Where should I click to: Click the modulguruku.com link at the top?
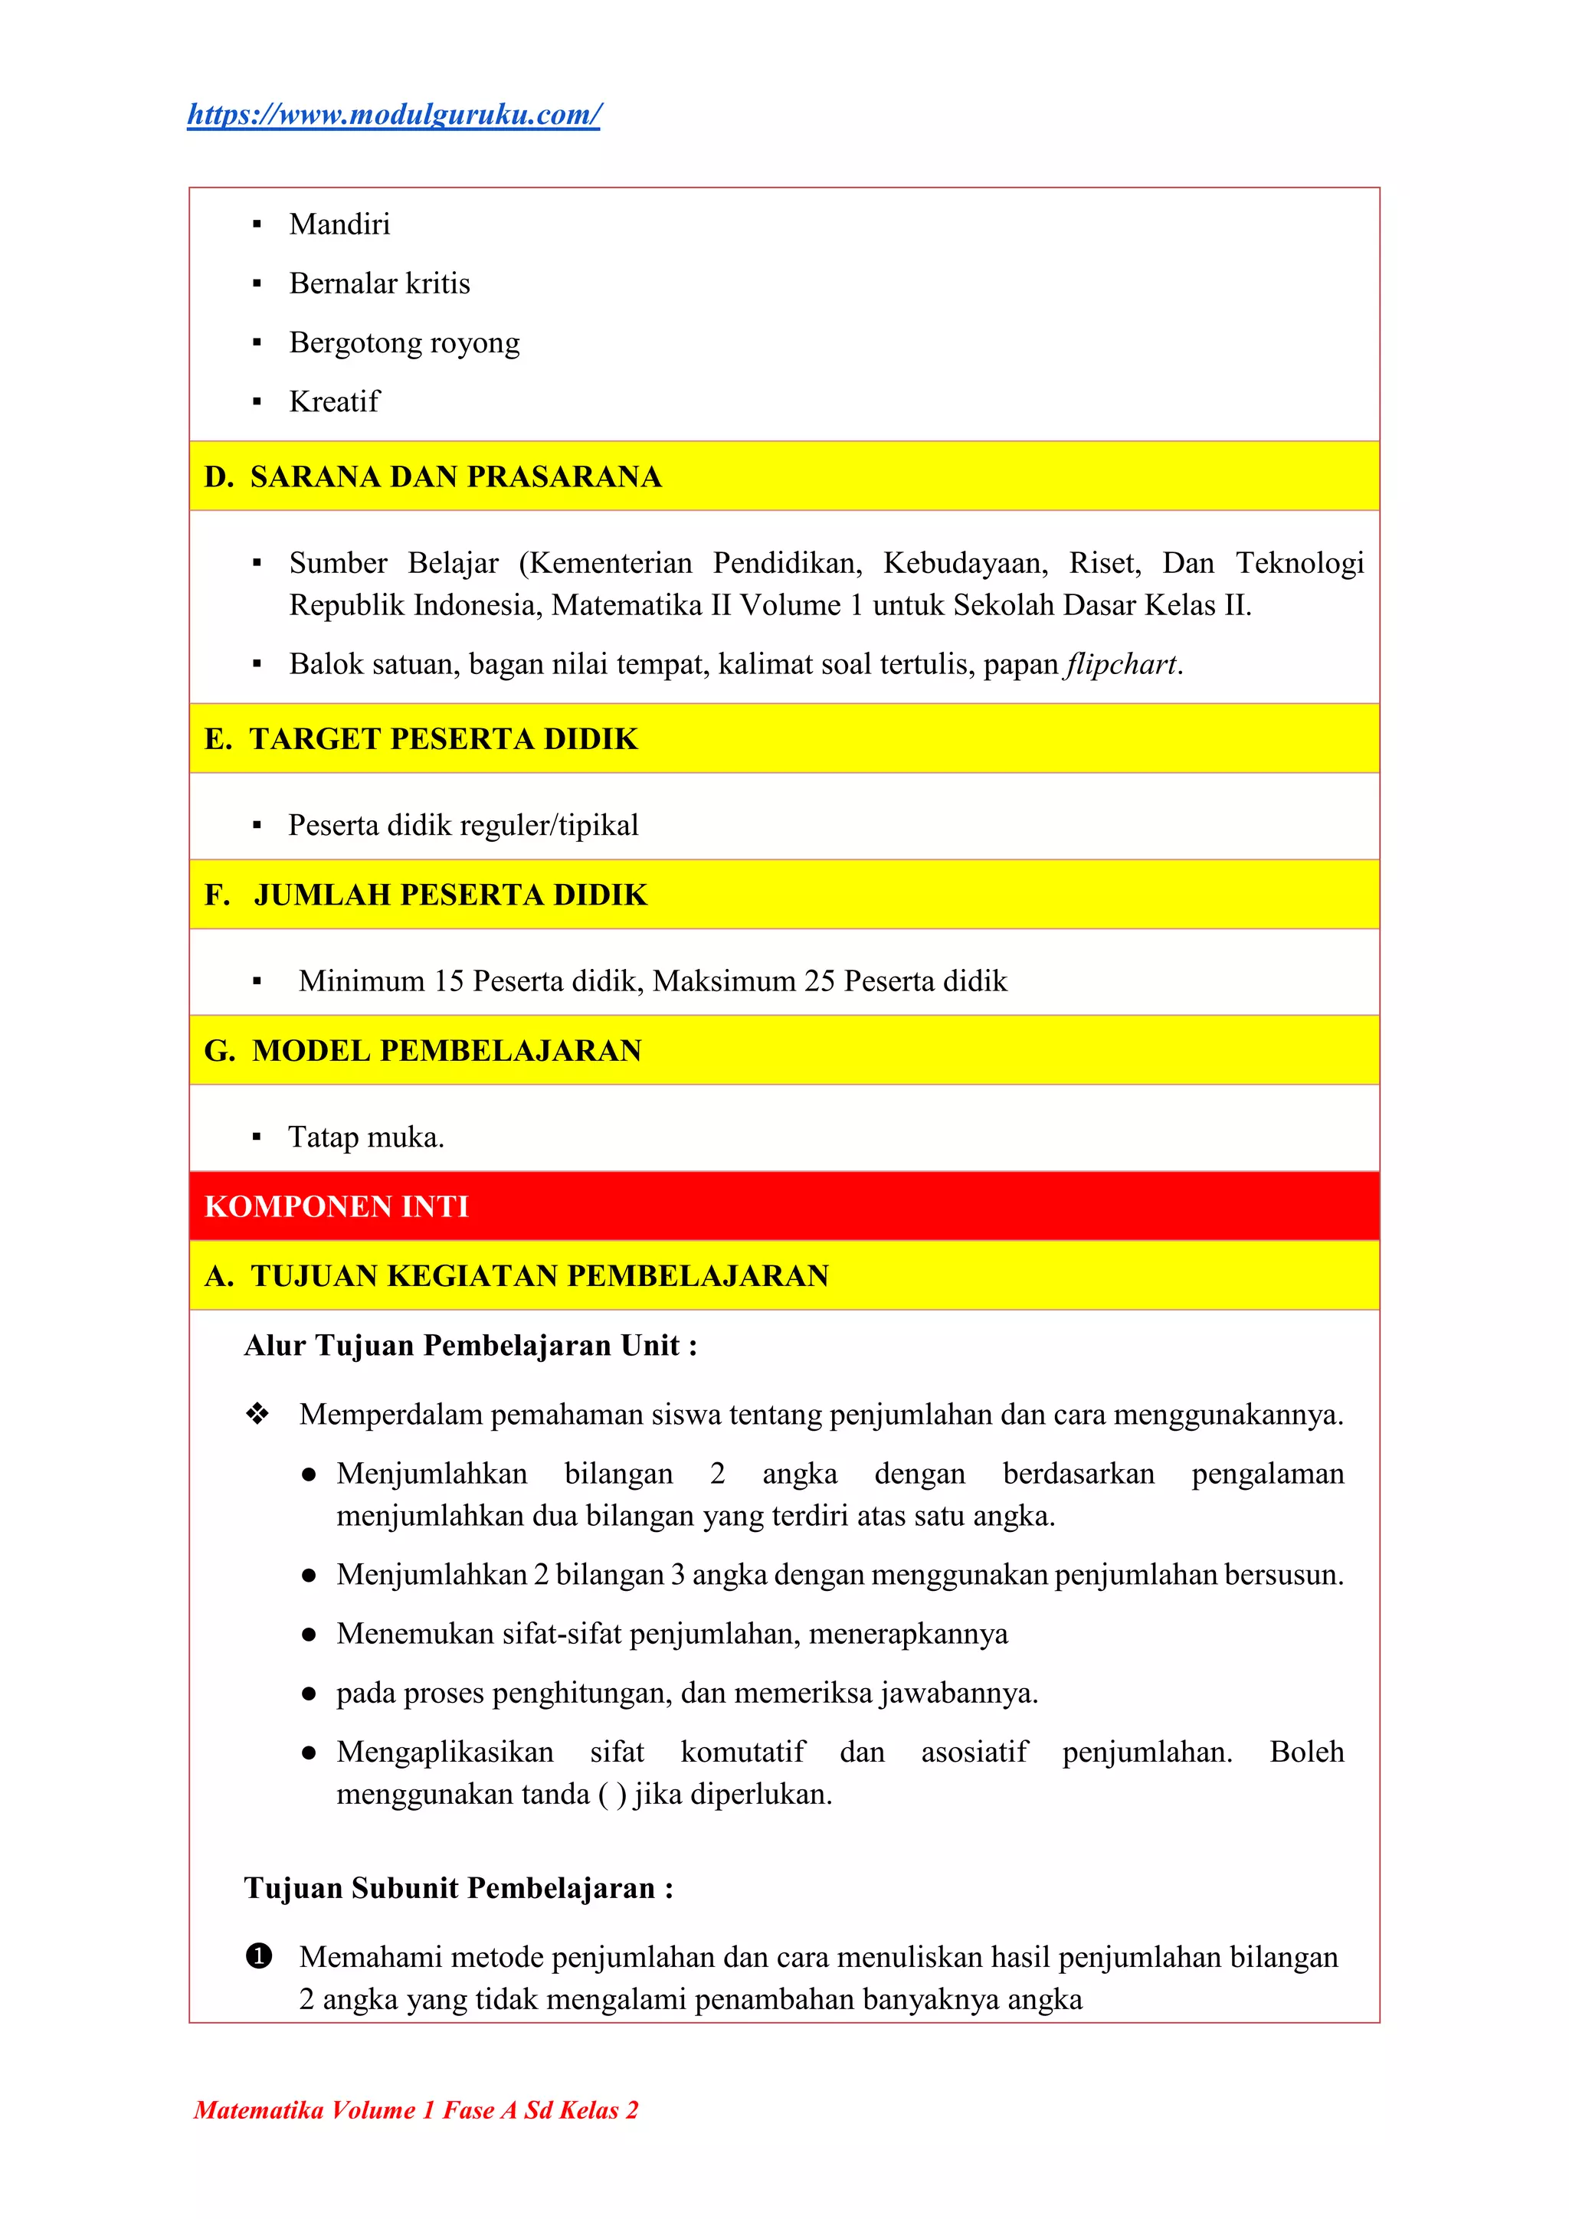click(x=394, y=114)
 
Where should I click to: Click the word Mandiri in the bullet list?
click(x=339, y=224)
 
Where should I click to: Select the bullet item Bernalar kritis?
click(x=379, y=283)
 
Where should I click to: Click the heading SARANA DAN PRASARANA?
click(x=455, y=476)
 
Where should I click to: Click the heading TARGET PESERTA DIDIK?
click(x=443, y=738)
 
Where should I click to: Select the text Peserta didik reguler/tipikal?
click(x=463, y=826)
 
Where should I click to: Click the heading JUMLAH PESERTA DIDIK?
click(x=450, y=895)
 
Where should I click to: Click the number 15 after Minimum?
click(x=449, y=981)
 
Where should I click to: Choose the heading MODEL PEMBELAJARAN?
click(x=447, y=1051)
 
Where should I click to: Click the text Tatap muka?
click(x=365, y=1137)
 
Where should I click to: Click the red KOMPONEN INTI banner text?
click(x=336, y=1206)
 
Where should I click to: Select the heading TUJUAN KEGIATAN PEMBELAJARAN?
click(x=539, y=1276)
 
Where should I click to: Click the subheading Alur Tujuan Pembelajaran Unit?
click(x=470, y=1345)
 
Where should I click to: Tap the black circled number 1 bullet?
click(x=258, y=1957)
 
